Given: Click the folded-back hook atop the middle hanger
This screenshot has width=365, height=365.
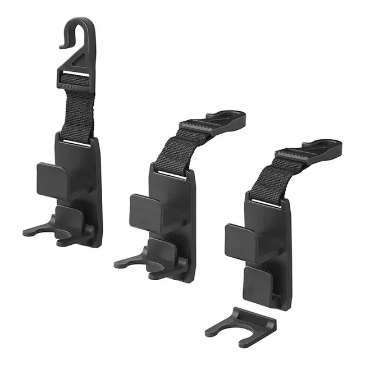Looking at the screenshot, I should [227, 117].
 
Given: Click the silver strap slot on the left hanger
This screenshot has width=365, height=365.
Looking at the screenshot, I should [79, 143].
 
